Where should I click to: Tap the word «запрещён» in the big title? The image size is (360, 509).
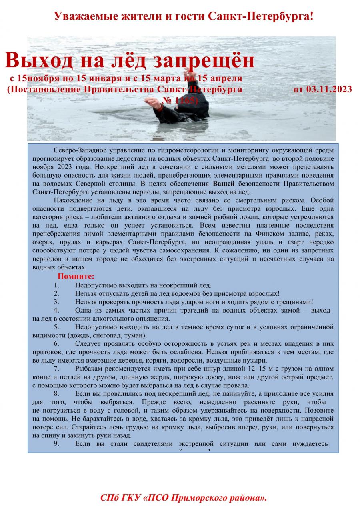pos(198,60)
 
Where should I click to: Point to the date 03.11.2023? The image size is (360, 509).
pos(323,89)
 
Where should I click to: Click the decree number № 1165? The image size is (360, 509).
pos(180,100)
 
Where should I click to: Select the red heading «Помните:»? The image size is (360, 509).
pos(76,276)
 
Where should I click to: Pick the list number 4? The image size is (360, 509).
pos(56,310)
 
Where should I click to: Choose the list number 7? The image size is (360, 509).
pos(56,368)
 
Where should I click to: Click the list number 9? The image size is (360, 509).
pos(56,443)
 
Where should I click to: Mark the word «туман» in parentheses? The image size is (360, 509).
pos(134,335)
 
